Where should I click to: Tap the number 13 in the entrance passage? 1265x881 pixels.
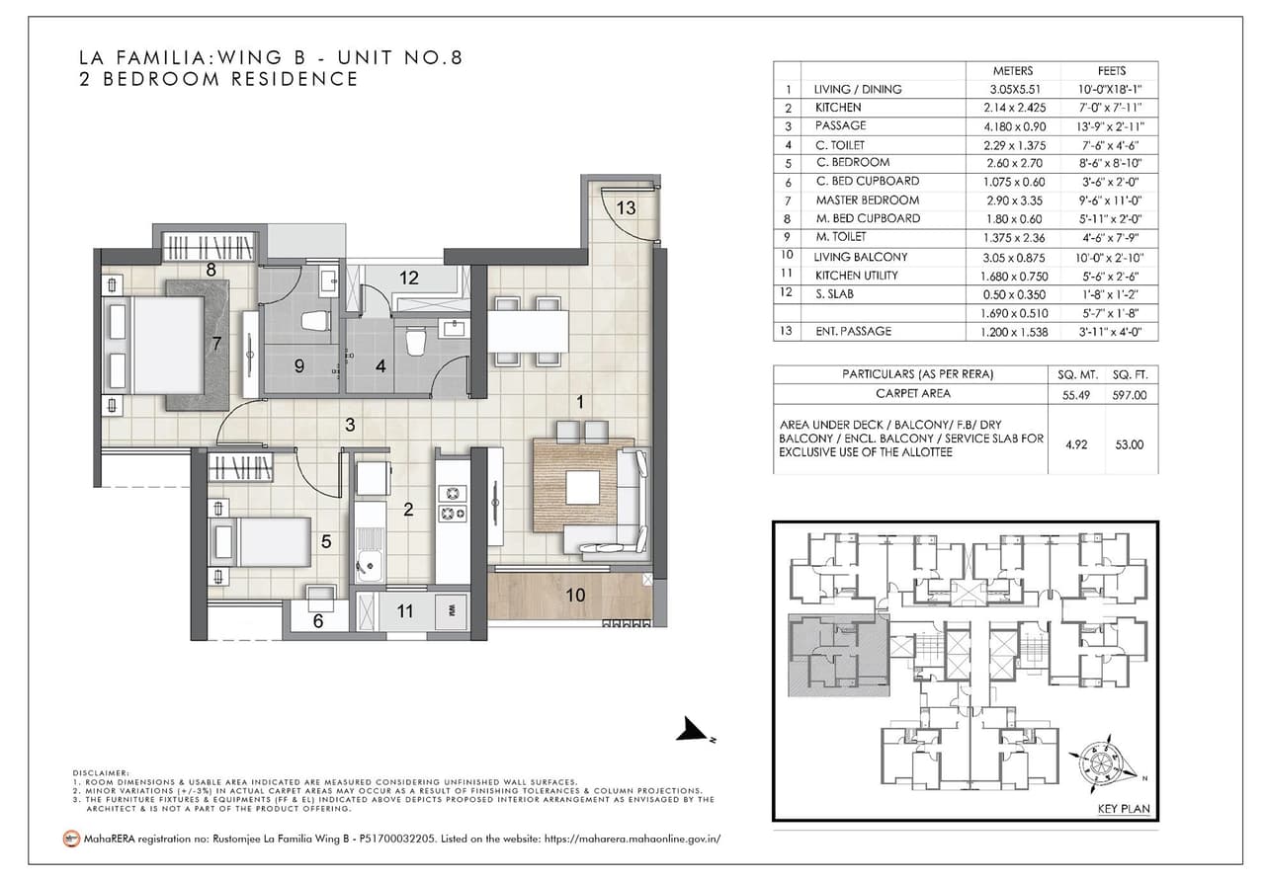point(626,207)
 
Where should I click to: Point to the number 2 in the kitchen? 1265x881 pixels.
point(407,510)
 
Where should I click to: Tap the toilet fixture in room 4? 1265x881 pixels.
point(415,342)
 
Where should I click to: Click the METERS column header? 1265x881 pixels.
point(1012,71)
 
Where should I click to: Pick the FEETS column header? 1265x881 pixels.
point(1111,71)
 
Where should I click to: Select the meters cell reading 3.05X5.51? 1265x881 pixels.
point(1012,89)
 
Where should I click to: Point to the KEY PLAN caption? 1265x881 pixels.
point(1123,809)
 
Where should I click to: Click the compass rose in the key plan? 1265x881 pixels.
point(1105,763)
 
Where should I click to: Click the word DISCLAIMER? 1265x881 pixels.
point(102,772)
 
